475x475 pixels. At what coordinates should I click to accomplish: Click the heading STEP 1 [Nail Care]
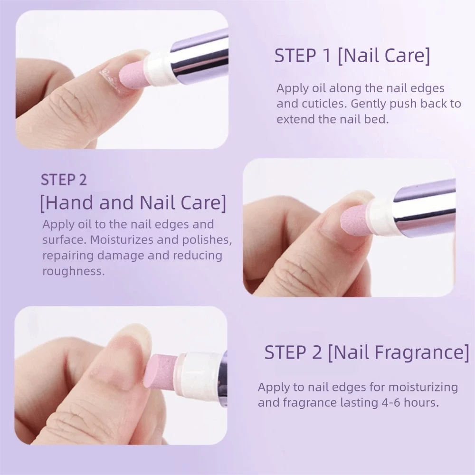click(x=352, y=56)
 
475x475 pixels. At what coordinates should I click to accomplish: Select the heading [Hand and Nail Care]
click(x=133, y=202)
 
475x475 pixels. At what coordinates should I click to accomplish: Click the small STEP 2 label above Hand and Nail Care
click(x=64, y=180)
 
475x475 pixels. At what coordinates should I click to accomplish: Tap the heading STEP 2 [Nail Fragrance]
click(x=366, y=352)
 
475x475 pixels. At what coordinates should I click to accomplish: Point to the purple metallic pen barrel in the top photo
click(x=199, y=57)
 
